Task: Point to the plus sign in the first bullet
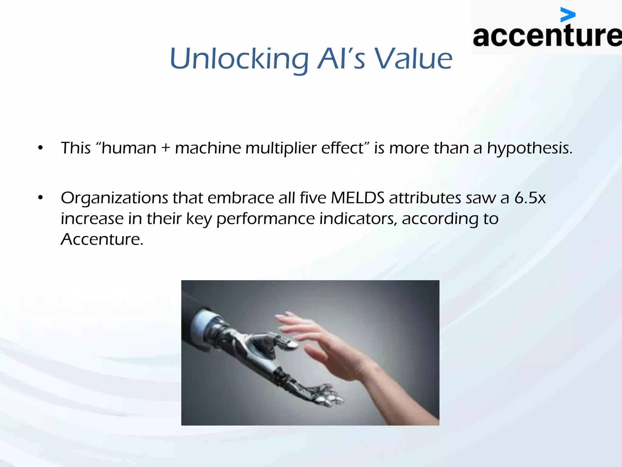point(166,148)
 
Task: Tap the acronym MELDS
point(357,198)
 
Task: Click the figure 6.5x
point(530,198)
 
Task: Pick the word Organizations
point(114,199)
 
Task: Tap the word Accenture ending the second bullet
point(102,239)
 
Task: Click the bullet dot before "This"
point(40,148)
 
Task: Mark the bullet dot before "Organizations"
point(40,198)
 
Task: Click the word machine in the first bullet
point(208,148)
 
